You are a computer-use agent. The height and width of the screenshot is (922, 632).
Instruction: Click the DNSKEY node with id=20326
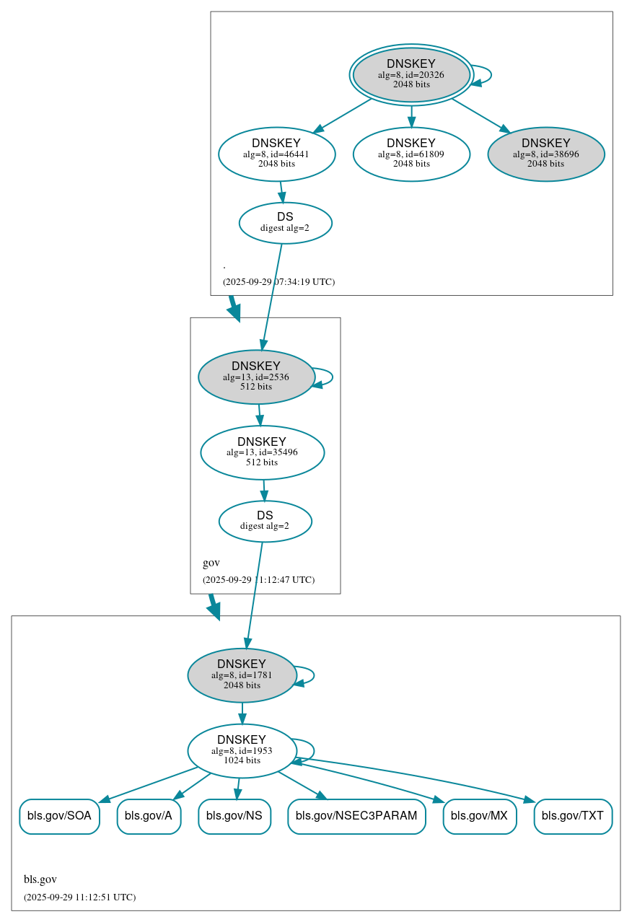click(411, 74)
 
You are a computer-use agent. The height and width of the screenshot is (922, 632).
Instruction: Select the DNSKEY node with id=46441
click(276, 154)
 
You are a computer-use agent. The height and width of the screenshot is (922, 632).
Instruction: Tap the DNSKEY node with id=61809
click(411, 154)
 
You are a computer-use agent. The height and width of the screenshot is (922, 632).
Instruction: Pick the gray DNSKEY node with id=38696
click(545, 154)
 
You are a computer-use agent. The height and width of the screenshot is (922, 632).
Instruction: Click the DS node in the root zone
click(285, 223)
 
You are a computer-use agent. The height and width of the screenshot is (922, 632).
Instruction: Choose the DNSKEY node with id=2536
click(256, 377)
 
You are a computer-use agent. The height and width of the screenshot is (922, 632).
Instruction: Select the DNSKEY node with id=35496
click(262, 452)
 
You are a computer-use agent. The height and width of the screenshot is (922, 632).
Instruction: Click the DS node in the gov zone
click(265, 521)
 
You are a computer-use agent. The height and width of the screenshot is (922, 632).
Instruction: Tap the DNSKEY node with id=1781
click(242, 675)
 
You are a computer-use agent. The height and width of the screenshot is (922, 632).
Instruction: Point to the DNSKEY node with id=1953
click(242, 751)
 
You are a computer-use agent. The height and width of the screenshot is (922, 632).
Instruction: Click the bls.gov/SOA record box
click(59, 816)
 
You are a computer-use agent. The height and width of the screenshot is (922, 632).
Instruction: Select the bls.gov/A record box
click(149, 816)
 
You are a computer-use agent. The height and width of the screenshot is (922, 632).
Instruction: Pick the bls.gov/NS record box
click(234, 816)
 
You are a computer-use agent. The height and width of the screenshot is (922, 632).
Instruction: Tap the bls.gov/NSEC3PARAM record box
click(356, 816)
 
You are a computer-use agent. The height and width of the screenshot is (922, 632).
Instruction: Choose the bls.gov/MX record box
click(479, 816)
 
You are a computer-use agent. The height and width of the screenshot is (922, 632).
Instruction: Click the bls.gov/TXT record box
click(573, 816)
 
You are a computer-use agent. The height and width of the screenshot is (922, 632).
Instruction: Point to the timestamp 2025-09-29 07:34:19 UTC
click(278, 282)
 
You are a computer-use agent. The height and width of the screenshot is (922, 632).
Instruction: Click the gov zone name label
click(211, 563)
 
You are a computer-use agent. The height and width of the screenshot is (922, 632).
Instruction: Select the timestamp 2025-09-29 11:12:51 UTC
click(79, 897)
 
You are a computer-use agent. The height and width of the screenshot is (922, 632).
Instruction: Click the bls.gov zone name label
click(40, 879)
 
